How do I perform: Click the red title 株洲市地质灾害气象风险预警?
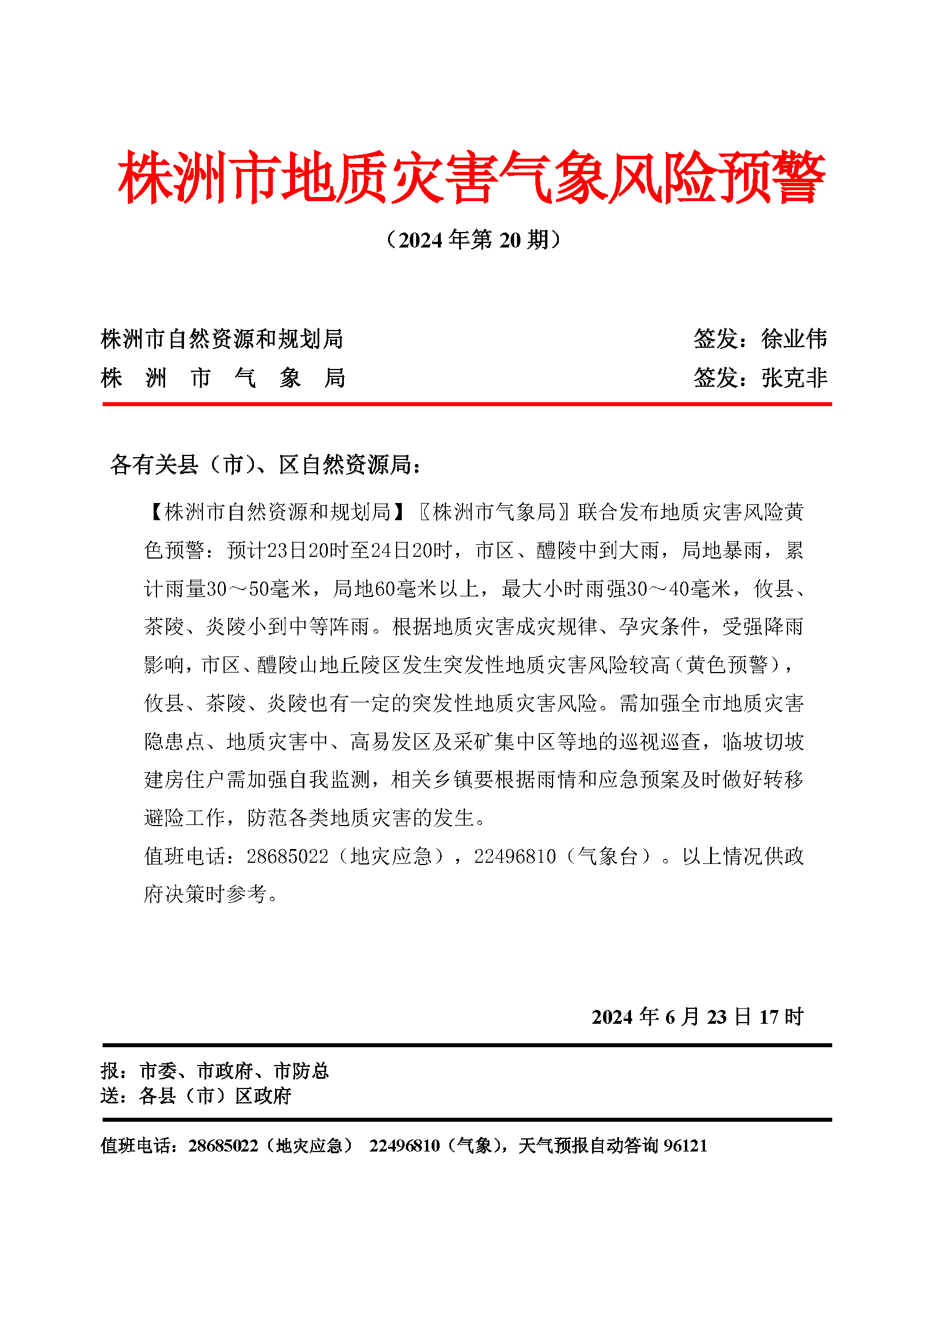click(472, 177)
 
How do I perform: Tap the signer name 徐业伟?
click(794, 339)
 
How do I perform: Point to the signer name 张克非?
click(794, 378)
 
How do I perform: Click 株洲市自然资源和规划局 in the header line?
click(222, 339)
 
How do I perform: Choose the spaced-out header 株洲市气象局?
click(223, 378)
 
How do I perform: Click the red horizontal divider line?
click(467, 404)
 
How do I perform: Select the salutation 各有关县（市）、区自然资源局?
click(265, 465)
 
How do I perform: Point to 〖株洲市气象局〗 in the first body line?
click(494, 512)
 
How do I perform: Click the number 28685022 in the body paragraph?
click(287, 856)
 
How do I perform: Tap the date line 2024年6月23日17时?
click(698, 1017)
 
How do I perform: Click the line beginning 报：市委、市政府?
click(215, 1071)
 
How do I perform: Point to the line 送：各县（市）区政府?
click(195, 1096)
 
